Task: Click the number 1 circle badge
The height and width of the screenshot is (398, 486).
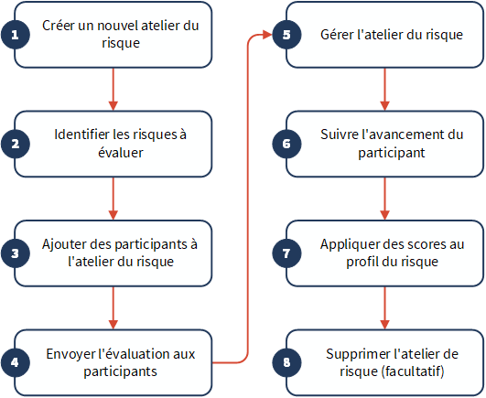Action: pyautogui.click(x=16, y=35)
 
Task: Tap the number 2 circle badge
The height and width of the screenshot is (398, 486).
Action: pyautogui.click(x=16, y=144)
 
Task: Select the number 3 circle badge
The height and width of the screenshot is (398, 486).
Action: pyautogui.click(x=16, y=253)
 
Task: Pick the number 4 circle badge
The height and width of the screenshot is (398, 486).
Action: pyautogui.click(x=16, y=362)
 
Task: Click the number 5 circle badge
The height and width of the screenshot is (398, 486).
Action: pyautogui.click(x=286, y=35)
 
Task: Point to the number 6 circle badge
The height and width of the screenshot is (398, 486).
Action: pyautogui.click(x=286, y=144)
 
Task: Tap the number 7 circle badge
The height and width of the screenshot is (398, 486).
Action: pyautogui.click(x=286, y=253)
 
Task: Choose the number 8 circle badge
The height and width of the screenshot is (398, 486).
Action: pyautogui.click(x=286, y=362)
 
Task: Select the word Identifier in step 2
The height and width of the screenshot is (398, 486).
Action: pyautogui.click(x=82, y=134)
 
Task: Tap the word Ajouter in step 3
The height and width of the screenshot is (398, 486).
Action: pyautogui.click(x=64, y=244)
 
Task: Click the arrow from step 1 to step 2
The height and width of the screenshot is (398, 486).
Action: pyautogui.click(x=113, y=89)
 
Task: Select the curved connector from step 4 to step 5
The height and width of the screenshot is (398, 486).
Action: pyautogui.click(x=248, y=199)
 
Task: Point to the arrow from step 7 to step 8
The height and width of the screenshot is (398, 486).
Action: pyautogui.click(x=384, y=308)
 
